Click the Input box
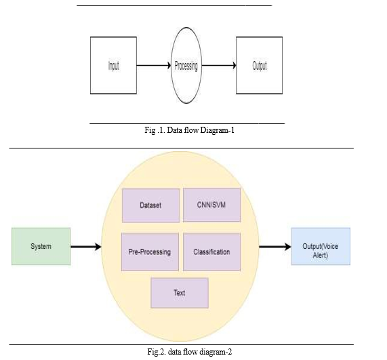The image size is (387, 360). coord(114,66)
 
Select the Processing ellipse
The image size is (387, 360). coord(186,66)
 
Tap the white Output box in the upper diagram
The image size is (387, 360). coord(259,66)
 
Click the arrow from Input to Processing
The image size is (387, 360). coord(154,66)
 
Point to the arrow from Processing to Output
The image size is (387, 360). coord(219,66)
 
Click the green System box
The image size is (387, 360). coord(41,246)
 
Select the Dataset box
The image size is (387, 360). coord(151,205)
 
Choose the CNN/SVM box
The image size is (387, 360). coord(211,205)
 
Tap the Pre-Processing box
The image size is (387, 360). coord(150,252)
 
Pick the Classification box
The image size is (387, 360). coord(211,252)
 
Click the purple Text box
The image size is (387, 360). coord(180,293)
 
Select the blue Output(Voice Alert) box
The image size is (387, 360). coord(321,246)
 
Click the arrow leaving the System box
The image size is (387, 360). coord(86,246)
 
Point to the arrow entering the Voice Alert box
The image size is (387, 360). coord(275,246)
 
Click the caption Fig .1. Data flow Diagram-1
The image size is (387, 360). coord(189,130)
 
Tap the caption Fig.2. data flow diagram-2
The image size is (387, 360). coord(190,352)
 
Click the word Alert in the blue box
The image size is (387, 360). coord(321,255)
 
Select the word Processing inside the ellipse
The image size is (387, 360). coord(186,66)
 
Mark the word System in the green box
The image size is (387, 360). coord(41,246)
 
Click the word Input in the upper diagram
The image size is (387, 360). coord(114,66)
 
